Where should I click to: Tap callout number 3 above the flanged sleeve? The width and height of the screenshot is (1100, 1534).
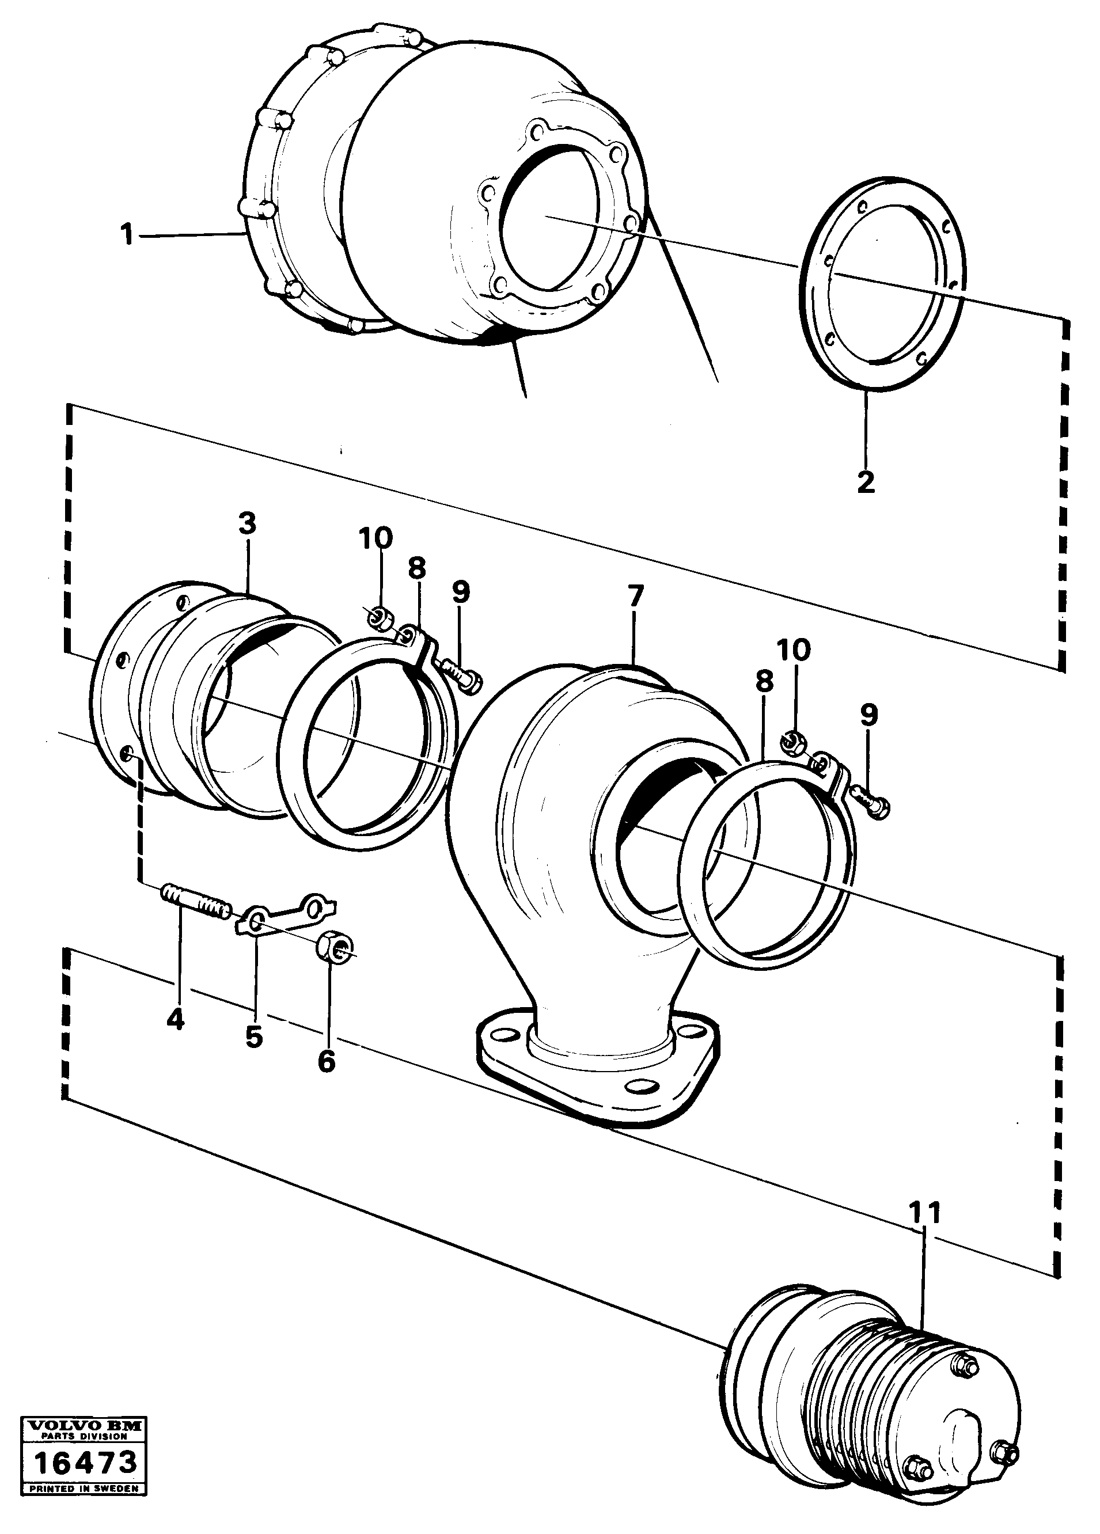pos(248,524)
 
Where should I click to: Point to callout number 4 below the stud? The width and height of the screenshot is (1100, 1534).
pos(175,1019)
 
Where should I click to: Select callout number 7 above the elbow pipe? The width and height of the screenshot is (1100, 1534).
pos(635,597)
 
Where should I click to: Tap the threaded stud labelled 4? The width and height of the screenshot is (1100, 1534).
pos(196,903)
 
